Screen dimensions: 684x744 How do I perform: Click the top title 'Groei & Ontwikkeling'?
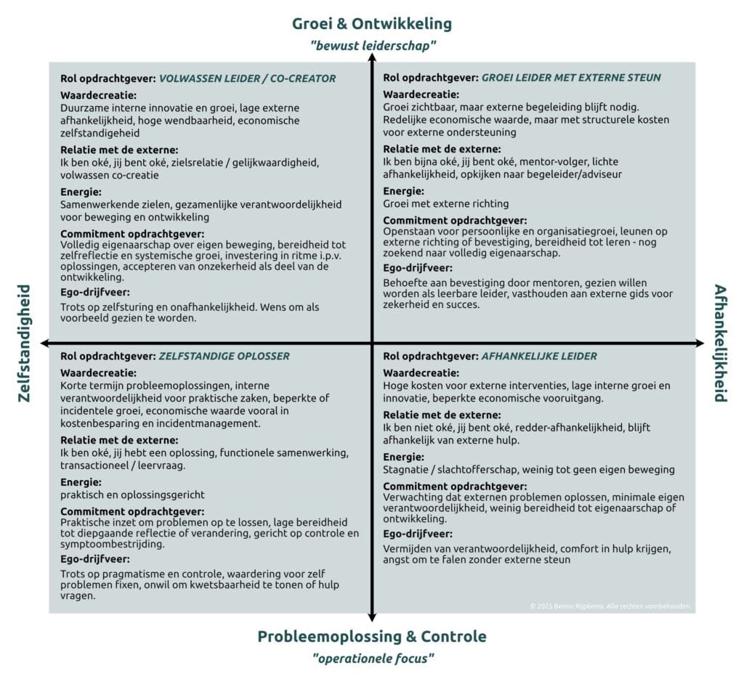(372, 23)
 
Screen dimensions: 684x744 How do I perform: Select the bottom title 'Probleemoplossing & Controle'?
(372, 637)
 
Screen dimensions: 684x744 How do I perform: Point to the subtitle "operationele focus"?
(372, 659)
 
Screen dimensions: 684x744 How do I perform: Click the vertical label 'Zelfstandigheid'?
(23, 343)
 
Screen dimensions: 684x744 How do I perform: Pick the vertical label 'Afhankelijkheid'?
(720, 343)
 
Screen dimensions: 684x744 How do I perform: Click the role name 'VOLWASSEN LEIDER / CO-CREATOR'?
(247, 78)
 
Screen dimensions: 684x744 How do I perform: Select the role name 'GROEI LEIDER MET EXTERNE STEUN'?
(571, 78)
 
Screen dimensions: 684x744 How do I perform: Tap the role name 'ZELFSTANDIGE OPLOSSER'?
(224, 357)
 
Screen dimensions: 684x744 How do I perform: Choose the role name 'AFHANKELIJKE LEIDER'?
(539, 357)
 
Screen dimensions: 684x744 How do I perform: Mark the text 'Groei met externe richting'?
(446, 204)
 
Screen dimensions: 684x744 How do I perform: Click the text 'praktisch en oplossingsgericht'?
(132, 494)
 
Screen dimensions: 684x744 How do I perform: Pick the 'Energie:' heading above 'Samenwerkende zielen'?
(81, 192)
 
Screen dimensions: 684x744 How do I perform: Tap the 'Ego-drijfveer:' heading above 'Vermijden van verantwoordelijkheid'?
(418, 534)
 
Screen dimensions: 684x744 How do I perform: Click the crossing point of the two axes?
(372, 342)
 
